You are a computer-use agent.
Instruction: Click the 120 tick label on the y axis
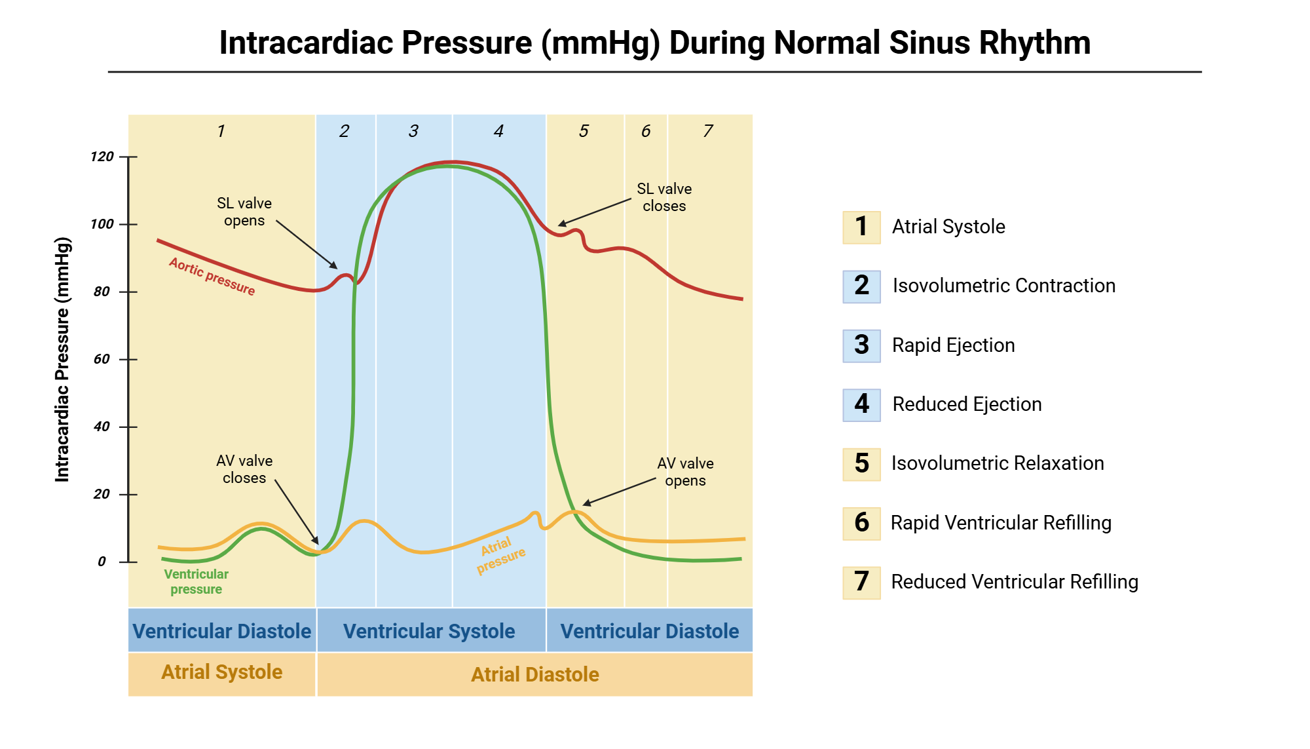[x=102, y=157]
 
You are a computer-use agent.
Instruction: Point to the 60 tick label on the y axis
[x=102, y=359]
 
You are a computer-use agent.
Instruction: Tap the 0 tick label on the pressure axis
[x=102, y=562]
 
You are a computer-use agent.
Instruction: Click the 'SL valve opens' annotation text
[x=244, y=212]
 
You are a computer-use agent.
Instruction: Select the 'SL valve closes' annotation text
[x=664, y=197]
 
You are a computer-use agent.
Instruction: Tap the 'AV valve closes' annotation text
[x=244, y=469]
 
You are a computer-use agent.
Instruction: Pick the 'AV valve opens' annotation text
[x=685, y=472]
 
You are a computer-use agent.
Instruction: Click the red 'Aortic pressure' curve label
[x=212, y=276]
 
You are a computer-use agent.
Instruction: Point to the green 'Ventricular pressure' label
[x=196, y=581]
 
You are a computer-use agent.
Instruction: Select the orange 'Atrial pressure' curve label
[x=500, y=554]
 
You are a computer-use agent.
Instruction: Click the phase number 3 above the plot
[x=413, y=131]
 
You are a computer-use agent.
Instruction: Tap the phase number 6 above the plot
[x=646, y=131]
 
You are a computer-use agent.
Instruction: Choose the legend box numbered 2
[x=861, y=286]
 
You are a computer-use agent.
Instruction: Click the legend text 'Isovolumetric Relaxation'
[x=997, y=463]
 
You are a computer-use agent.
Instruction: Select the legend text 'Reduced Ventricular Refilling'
[x=1014, y=582]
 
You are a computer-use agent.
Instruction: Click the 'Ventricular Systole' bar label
[x=429, y=631]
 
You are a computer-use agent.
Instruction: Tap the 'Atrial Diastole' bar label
[x=534, y=674]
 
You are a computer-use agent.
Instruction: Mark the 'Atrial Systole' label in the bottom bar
[x=221, y=672]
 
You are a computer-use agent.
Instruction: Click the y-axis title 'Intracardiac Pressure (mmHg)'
[x=62, y=359]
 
